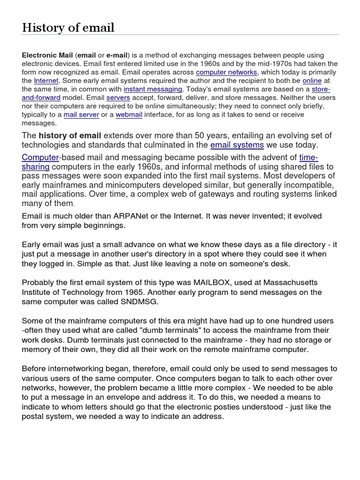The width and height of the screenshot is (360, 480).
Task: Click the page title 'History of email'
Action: tap(68, 28)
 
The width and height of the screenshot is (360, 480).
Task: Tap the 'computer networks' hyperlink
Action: tap(226, 72)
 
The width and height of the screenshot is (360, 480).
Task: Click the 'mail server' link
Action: tap(81, 114)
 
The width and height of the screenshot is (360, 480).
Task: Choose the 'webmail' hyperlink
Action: tap(129, 114)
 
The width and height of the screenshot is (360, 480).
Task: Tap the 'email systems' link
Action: tap(237, 145)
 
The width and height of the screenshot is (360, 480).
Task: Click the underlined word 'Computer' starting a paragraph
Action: tap(40, 157)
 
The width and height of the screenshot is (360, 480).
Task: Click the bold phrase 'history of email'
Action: tap(73, 135)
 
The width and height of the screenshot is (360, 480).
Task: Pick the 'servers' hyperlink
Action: tap(118, 97)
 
